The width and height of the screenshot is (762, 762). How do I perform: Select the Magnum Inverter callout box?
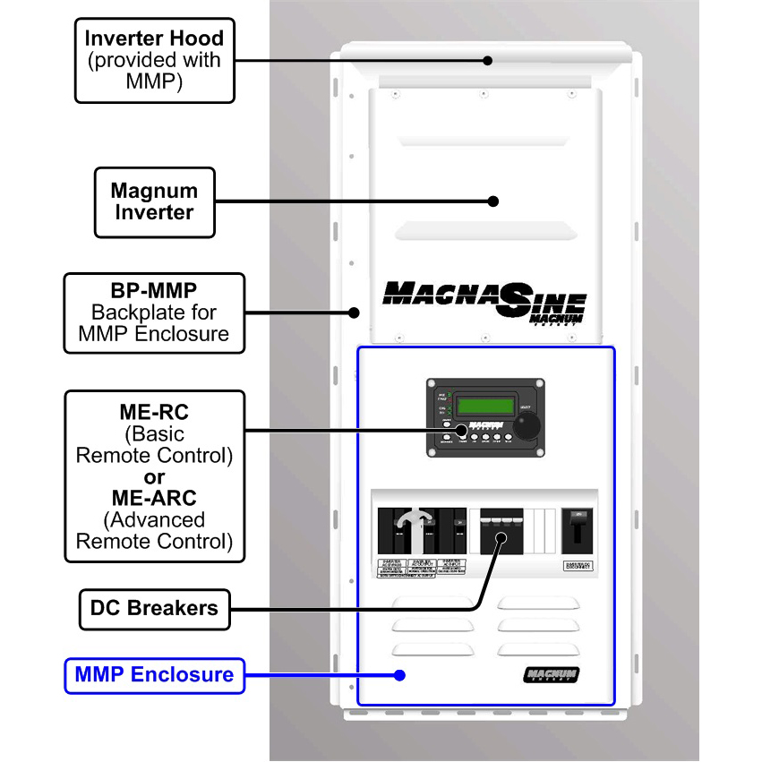pos(156,201)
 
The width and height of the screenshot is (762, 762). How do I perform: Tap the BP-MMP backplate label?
pos(154,313)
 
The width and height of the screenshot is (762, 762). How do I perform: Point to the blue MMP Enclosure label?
pos(154,674)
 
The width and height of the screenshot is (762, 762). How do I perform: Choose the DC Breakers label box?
pos(154,608)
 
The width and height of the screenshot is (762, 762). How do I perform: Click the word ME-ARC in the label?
pos(154,498)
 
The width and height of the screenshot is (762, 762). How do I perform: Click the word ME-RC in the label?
pos(154,413)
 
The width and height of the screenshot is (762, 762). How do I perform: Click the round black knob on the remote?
pos(529,426)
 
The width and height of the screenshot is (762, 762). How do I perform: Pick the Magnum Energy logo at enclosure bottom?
pos(551,675)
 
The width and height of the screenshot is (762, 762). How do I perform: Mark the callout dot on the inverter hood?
pos(488,61)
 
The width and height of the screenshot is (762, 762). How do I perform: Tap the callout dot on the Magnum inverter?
pos(490,201)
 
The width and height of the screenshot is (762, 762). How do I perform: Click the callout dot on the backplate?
pos(355,313)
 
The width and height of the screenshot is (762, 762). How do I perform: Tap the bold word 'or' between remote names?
pos(154,476)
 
